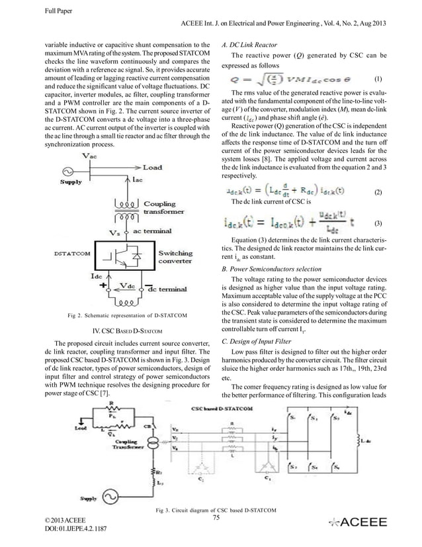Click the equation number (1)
tap(378, 77)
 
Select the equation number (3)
tap(378, 224)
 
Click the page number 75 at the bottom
tap(216, 518)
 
